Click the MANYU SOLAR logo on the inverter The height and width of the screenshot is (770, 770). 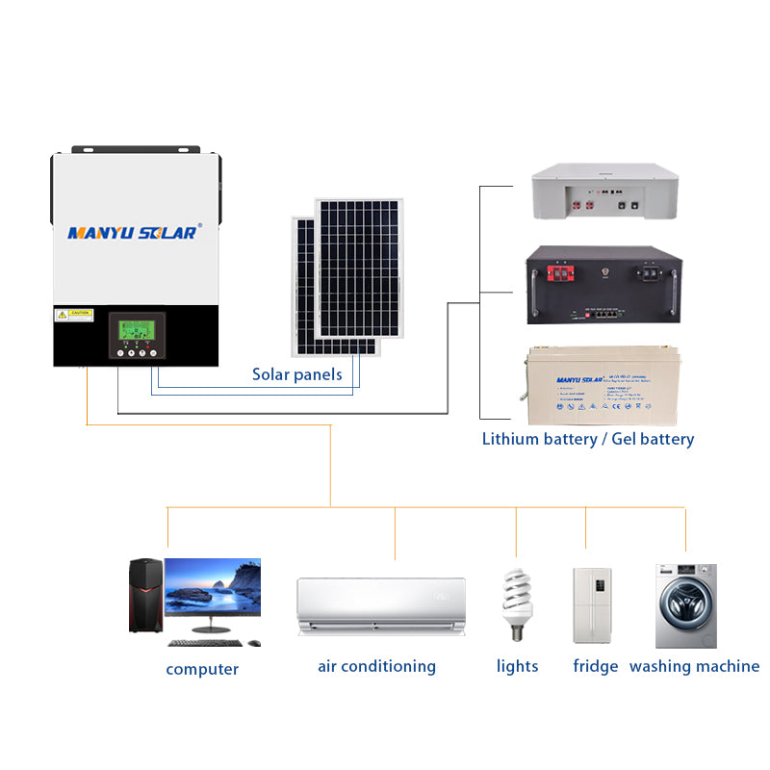pos(134,232)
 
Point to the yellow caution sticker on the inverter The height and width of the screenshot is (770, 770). pos(75,315)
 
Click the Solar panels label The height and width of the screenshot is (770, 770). pos(296,374)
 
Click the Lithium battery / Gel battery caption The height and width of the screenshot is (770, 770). pos(587,439)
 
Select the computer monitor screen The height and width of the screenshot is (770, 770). pos(213,589)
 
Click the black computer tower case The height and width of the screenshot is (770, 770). pos(145,596)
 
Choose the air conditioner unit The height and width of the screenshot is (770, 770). pos(381,604)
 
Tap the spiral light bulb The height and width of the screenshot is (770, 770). pos(514,603)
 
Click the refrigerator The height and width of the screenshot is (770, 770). pos(592,604)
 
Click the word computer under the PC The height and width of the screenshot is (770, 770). pos(202,669)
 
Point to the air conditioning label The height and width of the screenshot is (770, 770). pos(376,666)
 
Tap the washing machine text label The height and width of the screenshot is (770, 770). pos(694,666)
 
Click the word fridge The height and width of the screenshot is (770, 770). pos(595,666)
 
